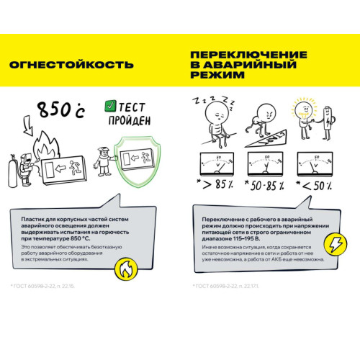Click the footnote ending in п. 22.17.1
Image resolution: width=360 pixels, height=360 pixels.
223,287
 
